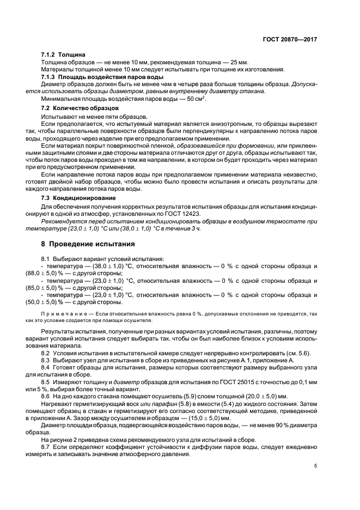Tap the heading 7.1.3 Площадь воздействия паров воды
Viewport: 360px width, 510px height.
click(92, 77)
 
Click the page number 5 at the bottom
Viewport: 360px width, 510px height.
click(316, 466)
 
